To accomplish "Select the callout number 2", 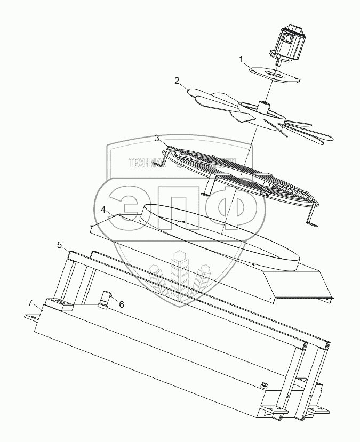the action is pos(177,81).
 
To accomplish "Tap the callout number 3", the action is pos(157,138).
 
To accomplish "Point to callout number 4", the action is pos(103,210).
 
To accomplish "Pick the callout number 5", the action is pos(60,245).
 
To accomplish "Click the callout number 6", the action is pos(121,304).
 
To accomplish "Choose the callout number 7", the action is pos(30,303).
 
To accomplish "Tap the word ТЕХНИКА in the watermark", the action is pos(146,162).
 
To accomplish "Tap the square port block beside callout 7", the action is pos(60,304).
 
